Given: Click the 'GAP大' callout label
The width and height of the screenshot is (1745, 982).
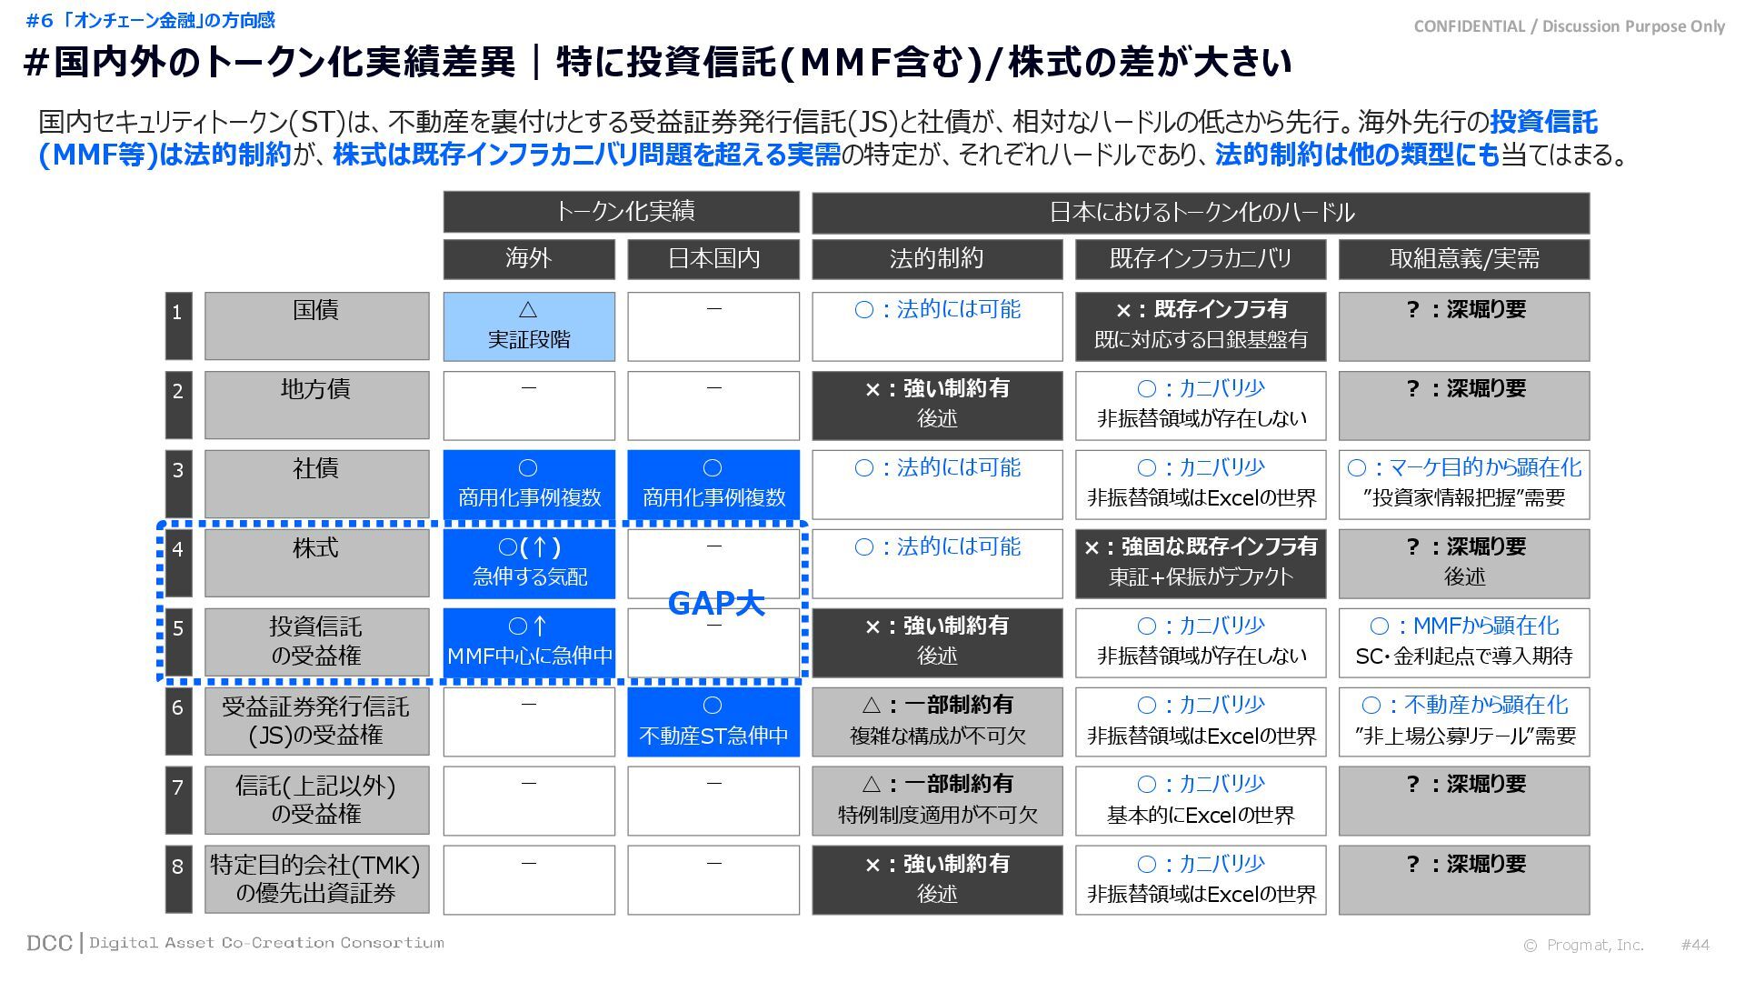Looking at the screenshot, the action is pos(715,603).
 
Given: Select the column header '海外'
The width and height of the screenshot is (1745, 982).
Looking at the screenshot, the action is pos(529,259).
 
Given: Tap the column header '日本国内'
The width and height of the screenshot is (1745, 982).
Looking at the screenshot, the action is pos(713,259).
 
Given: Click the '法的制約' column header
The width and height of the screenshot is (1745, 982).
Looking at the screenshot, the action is pos(937,259).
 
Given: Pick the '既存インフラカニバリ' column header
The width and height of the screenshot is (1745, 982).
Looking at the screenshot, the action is pos(1201,259).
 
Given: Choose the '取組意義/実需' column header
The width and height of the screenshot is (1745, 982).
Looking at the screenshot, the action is pos(1464,259).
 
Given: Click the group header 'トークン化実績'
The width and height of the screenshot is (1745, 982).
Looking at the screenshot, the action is pos(622,212).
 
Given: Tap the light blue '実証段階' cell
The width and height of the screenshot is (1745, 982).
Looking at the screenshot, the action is pos(529,326).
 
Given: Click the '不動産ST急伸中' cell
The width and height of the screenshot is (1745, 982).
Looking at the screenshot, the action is pos(713,722).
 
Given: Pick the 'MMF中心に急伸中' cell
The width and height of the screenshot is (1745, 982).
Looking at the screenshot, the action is pos(529,643).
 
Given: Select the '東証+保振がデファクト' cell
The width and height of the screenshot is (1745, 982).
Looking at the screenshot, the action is pos(1201,564).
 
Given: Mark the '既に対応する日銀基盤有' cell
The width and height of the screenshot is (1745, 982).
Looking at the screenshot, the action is pos(1201,326).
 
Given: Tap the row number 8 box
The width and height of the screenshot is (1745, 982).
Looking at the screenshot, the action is pos(178,879).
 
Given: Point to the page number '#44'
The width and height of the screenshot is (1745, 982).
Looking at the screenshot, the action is pos(1695,945).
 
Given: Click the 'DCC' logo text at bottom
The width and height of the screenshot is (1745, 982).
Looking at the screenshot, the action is pos(49,943).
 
